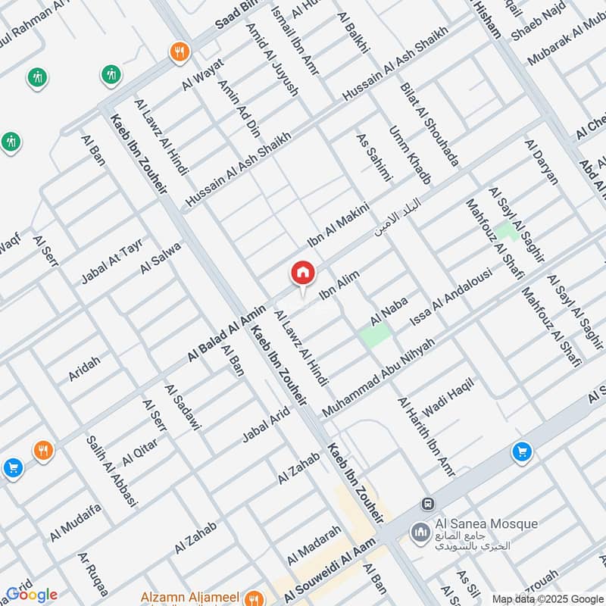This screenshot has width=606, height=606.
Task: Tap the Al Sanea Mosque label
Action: click(486, 523)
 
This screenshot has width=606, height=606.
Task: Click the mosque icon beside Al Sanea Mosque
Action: click(420, 533)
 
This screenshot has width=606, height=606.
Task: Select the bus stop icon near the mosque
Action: click(428, 504)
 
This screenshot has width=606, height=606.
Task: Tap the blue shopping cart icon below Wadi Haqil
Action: click(521, 452)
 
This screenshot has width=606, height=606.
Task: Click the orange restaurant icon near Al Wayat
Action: click(180, 52)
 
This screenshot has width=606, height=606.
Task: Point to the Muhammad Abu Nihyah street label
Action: click(379, 377)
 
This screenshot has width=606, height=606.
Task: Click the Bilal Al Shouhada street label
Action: click(430, 124)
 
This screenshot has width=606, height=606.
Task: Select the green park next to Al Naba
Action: click(376, 334)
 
